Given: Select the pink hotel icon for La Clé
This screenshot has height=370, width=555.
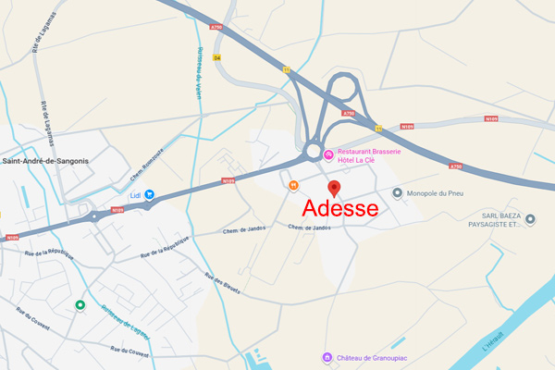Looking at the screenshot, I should pyautogui.click(x=328, y=153).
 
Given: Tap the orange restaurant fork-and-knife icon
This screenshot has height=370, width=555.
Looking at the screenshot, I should pyautogui.click(x=293, y=185).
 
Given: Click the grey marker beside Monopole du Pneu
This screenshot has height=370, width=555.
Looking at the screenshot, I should pyautogui.click(x=398, y=193).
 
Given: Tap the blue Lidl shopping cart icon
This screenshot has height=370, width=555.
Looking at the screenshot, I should pyautogui.click(x=149, y=195).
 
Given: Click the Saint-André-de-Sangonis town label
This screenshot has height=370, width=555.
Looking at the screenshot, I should pyautogui.click(x=45, y=161).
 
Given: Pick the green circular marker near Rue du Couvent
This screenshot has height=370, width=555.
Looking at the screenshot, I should pyautogui.click(x=80, y=305).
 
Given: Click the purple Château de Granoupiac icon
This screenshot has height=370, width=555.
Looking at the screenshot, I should pyautogui.click(x=326, y=357).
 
